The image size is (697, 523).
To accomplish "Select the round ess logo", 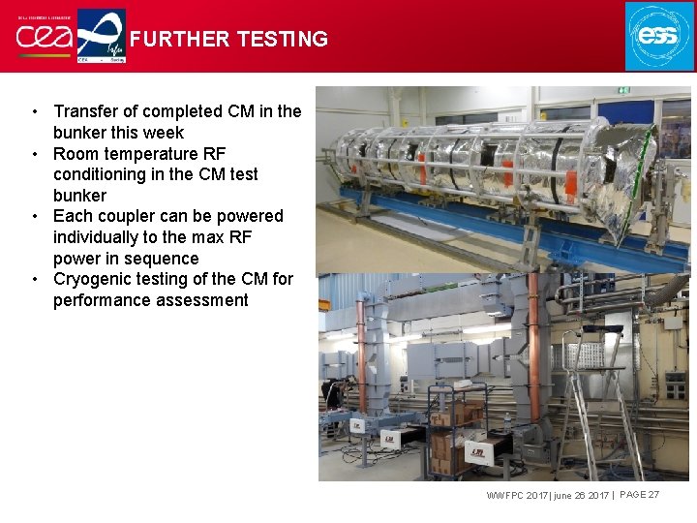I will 659,36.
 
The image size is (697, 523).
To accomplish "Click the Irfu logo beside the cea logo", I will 101,36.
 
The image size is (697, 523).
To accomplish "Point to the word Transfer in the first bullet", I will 89,111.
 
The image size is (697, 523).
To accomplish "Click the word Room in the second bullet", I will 76,154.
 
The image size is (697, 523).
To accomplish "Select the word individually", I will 99,237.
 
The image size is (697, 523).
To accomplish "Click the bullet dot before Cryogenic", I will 35,279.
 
